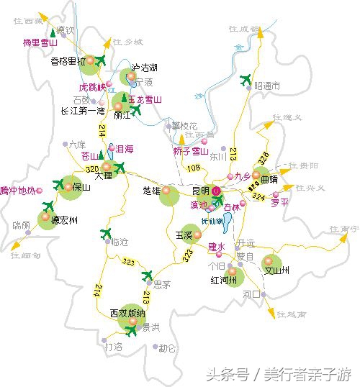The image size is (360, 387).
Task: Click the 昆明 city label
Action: [201, 191]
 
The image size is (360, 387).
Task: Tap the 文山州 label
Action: [276, 270]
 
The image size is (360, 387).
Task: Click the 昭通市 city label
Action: [266, 86]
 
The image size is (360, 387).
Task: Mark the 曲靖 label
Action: [269, 175]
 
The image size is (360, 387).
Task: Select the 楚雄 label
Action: [153, 191]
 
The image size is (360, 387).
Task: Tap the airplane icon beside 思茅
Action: [149, 276]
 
